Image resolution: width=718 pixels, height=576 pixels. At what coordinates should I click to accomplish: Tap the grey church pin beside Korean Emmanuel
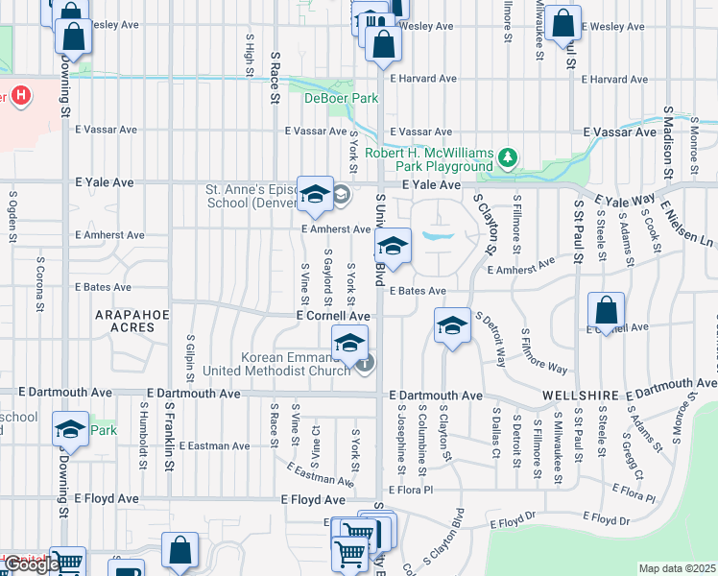[x=365, y=363]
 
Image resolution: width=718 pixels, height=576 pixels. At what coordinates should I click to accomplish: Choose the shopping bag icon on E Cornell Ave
[x=607, y=311]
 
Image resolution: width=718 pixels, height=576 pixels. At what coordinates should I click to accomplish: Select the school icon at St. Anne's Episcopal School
[x=315, y=195]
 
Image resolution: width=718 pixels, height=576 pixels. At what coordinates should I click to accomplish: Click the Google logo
[x=31, y=564]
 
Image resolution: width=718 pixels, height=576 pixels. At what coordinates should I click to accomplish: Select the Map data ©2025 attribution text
[x=676, y=568]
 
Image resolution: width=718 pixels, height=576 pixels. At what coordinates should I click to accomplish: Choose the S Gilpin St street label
[x=191, y=357]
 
